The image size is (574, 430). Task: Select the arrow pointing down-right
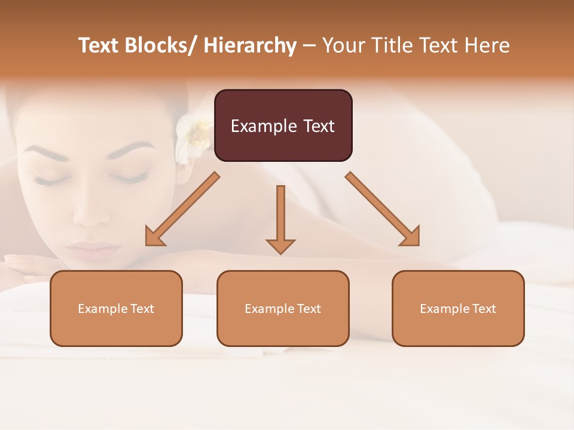click(x=383, y=210)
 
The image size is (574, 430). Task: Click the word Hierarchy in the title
click(x=250, y=45)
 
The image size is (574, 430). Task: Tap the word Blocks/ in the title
click(x=163, y=45)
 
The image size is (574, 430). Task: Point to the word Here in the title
click(x=487, y=45)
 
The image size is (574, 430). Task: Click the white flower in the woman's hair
click(x=193, y=135)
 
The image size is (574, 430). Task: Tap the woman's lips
click(x=92, y=248)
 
